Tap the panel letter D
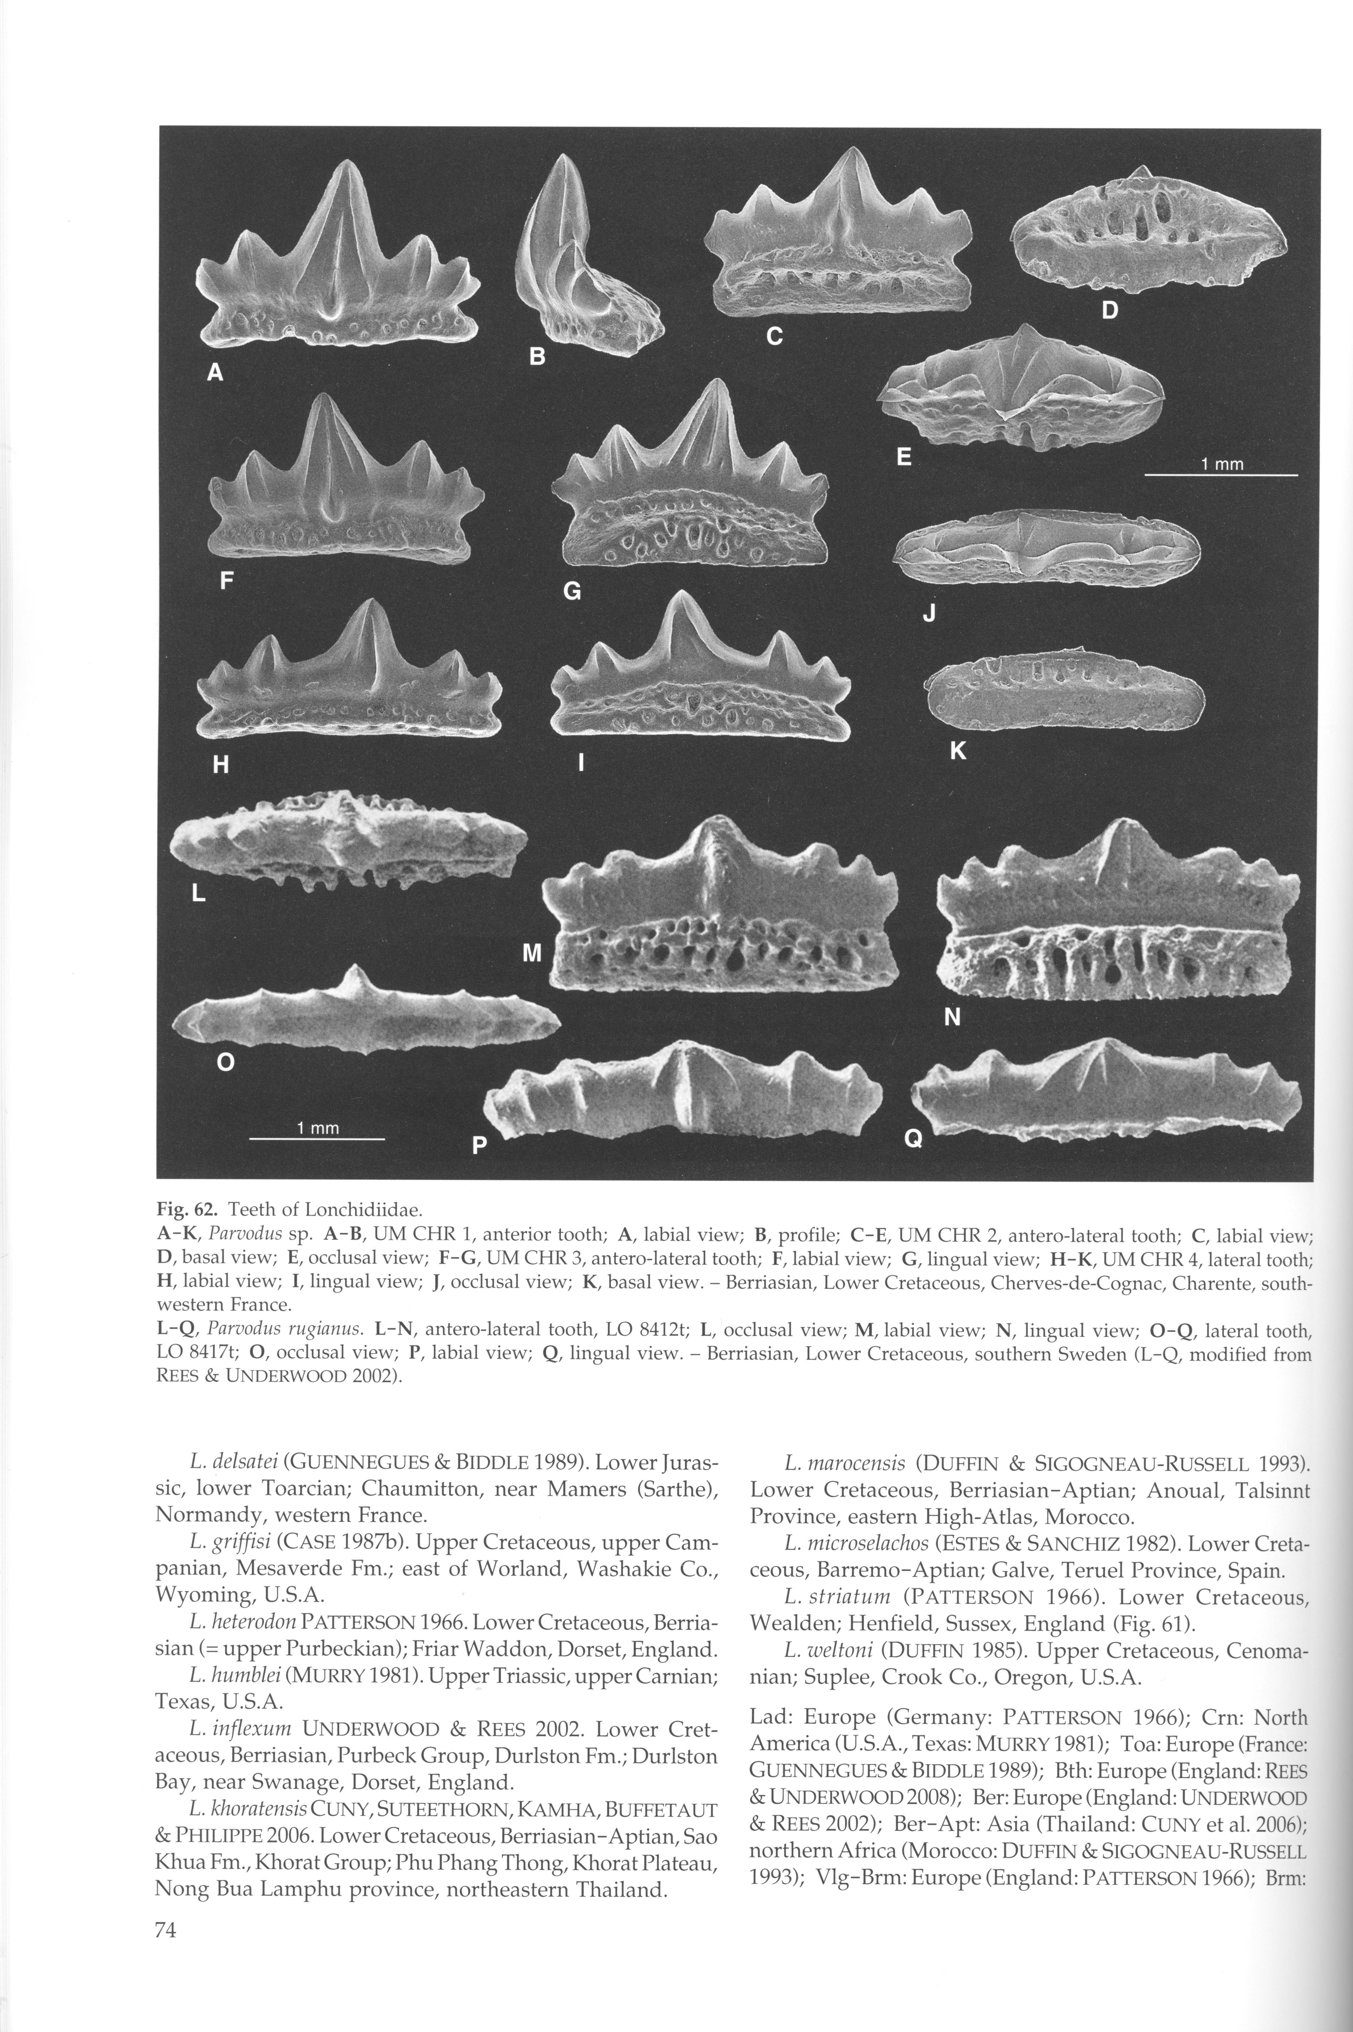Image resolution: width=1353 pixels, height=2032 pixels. (x=1110, y=310)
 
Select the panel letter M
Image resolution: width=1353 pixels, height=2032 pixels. (x=532, y=953)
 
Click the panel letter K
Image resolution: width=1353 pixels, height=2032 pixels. (x=958, y=751)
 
